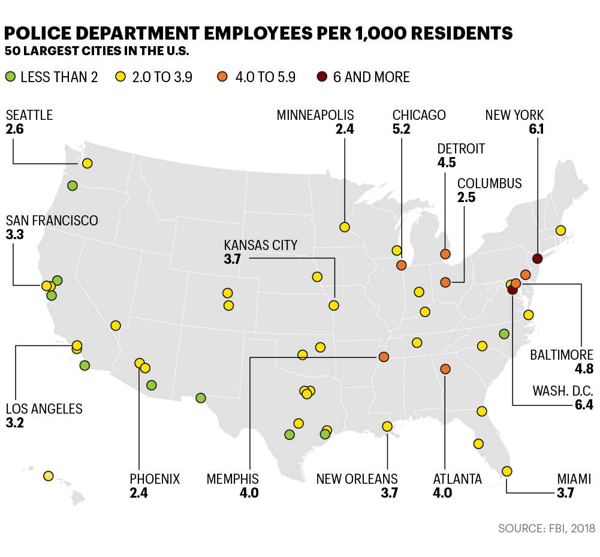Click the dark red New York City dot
click(x=537, y=259)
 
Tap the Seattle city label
click(x=29, y=115)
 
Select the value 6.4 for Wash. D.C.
click(x=583, y=405)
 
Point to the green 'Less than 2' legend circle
click(x=10, y=77)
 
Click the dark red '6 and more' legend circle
click(x=322, y=77)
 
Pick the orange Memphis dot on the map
click(x=384, y=357)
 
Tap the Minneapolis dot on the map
click(x=344, y=227)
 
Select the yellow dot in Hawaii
click(x=49, y=476)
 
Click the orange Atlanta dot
click(x=445, y=369)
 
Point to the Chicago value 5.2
click(x=401, y=129)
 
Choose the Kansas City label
click(x=260, y=245)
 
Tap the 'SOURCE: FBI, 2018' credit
click(x=546, y=528)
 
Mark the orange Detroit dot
click(x=445, y=254)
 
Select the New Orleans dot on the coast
click(x=387, y=426)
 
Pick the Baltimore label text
click(x=562, y=356)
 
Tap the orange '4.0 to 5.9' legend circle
click(x=222, y=77)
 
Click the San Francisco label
click(x=52, y=221)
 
